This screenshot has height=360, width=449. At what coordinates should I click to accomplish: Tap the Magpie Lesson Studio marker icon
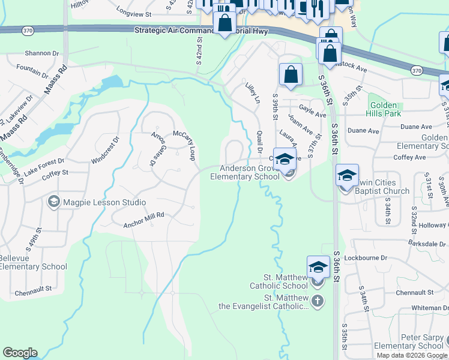pyautogui.click(x=54, y=202)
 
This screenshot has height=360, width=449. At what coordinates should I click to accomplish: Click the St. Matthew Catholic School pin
pyautogui.click(x=318, y=268)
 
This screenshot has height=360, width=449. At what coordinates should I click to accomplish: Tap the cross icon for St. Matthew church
pyautogui.click(x=318, y=301)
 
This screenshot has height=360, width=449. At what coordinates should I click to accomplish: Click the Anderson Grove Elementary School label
pyautogui.click(x=244, y=173)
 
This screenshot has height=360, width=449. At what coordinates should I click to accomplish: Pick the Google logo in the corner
pyautogui.click(x=20, y=353)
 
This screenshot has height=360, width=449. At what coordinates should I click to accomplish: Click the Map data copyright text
pyautogui.click(x=412, y=355)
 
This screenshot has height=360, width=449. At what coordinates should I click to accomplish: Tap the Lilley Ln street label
pyautogui.click(x=253, y=92)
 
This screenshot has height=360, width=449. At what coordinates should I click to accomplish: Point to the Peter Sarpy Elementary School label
pyautogui.click(x=408, y=341)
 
